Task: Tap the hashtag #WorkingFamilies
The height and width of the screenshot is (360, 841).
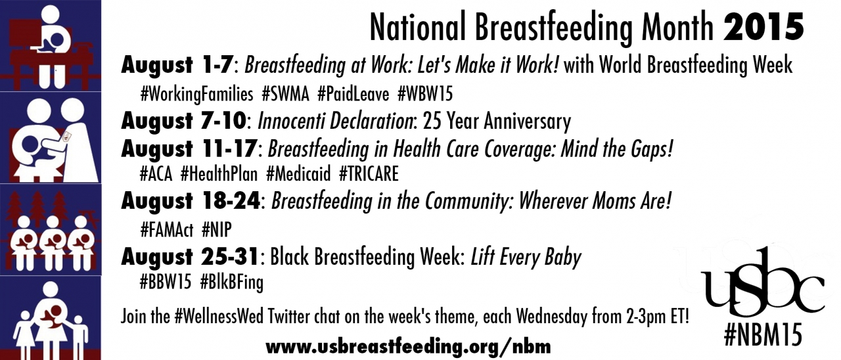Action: click(196, 94)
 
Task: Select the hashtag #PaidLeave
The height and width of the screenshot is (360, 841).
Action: click(353, 94)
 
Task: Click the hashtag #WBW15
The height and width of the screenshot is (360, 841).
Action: click(425, 94)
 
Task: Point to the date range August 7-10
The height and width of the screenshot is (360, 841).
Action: click(183, 122)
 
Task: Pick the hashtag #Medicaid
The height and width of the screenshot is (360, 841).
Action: click(298, 174)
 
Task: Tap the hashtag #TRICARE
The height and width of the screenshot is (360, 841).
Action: click(369, 174)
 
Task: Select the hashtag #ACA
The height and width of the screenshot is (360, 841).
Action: click(156, 174)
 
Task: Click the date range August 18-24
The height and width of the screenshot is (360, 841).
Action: click(191, 201)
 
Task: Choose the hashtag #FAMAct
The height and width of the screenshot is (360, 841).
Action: click(167, 229)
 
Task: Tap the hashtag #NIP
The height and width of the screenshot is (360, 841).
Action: click(217, 229)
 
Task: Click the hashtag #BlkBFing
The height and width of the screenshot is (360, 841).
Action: click(232, 282)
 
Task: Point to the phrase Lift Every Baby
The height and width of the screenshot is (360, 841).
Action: click(526, 257)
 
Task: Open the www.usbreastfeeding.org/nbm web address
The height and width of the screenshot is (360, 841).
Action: click(408, 346)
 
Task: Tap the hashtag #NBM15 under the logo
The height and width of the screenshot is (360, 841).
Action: click(763, 335)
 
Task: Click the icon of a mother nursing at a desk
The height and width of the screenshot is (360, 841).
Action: click(51, 45)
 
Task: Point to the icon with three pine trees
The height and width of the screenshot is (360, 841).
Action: click(51, 229)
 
